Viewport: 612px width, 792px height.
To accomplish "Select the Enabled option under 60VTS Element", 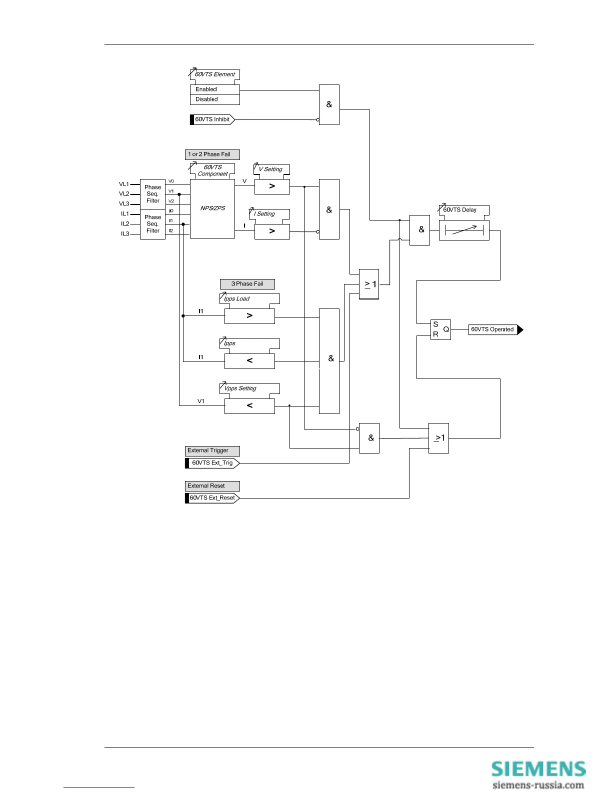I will coord(214,89).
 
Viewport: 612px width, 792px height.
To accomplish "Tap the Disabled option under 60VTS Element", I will coord(214,99).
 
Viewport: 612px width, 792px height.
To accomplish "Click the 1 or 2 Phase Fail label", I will coord(212,154).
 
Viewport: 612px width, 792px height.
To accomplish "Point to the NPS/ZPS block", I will coord(212,208).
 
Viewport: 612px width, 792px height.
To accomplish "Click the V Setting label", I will coord(271,169).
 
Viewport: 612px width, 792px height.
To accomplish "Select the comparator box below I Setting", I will coord(272,231).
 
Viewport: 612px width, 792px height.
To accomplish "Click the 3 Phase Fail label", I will coord(247,284).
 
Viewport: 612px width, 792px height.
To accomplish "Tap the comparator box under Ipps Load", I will coord(249,316).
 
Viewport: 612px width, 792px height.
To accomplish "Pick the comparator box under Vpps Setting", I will coord(249,406).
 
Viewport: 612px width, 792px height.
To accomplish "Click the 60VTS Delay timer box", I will coord(464,230).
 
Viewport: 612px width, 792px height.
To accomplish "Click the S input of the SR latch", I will coord(435,324).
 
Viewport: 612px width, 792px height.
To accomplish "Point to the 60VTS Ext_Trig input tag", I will coord(212,463).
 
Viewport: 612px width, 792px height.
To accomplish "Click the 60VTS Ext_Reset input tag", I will coord(212,498).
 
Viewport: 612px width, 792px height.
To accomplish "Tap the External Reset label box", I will coord(212,486).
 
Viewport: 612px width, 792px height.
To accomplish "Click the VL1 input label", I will coord(124,184).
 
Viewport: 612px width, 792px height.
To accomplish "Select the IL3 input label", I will coord(125,233).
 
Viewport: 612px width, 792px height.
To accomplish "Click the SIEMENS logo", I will coord(538,769).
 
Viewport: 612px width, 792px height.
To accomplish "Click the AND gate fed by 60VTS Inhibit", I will coord(329,104).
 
